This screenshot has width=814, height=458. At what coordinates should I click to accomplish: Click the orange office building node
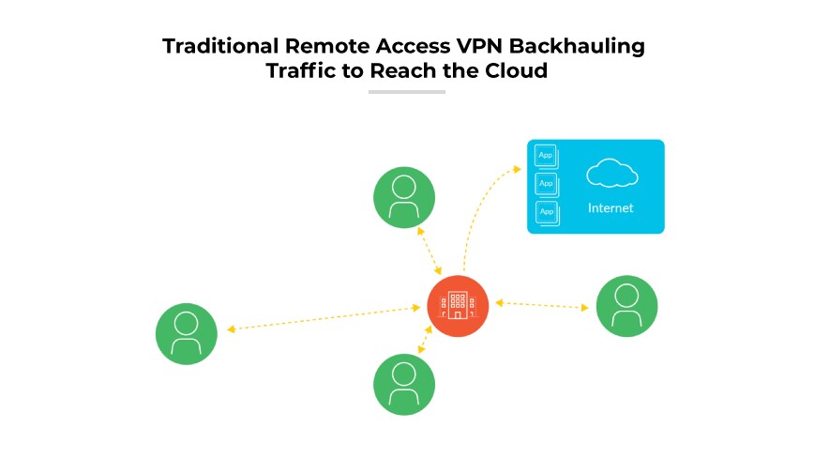458,306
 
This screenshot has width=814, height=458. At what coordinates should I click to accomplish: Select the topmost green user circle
404,196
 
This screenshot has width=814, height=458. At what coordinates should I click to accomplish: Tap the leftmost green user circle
187,333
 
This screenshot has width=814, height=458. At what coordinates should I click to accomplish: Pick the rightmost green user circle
626,306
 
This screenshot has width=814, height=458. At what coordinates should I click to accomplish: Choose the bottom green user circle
404,384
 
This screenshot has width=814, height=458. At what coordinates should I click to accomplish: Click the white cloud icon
610,174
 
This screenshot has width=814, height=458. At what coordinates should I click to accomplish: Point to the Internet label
610,208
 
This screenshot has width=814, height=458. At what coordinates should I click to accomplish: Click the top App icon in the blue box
546,156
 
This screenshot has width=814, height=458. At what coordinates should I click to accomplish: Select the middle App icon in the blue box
546,183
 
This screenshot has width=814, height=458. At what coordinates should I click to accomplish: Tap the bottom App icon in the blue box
546,211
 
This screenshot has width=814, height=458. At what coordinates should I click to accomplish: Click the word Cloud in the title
518,70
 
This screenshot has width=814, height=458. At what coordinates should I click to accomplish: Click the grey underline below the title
406,92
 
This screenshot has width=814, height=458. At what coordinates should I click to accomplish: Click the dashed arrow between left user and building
324,318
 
